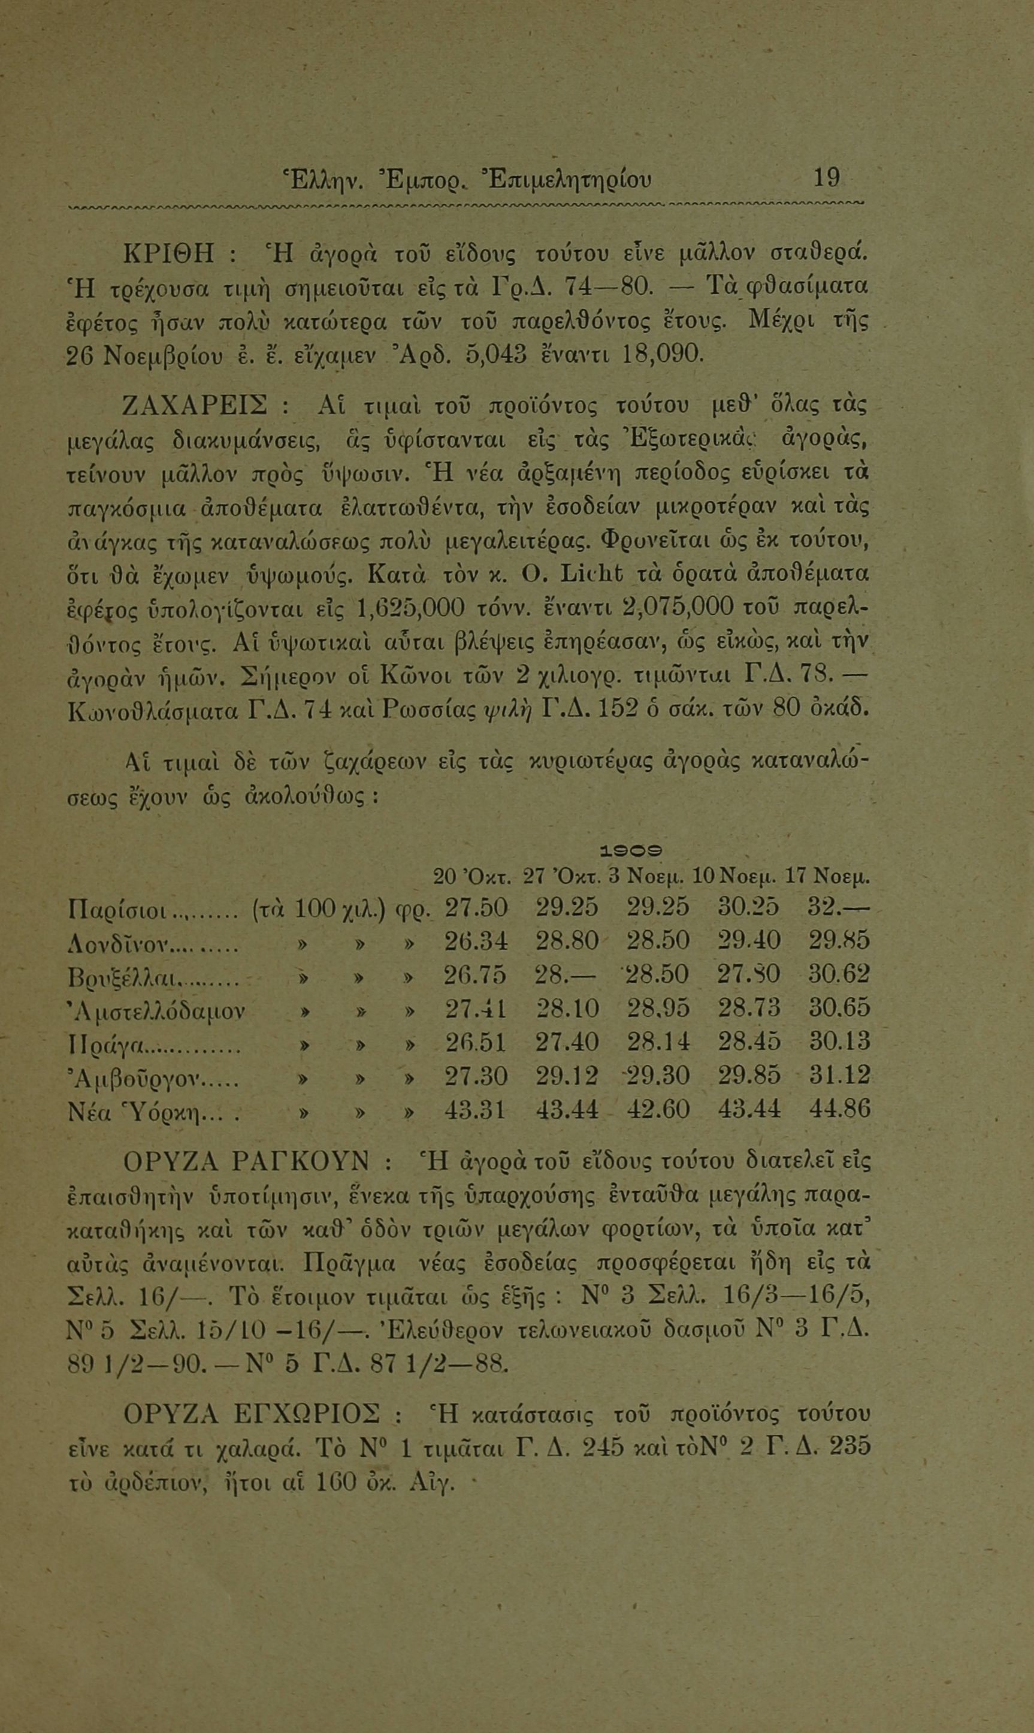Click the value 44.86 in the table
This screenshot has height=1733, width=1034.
pyautogui.click(x=840, y=1110)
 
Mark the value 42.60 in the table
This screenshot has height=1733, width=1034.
pyautogui.click(x=658, y=1110)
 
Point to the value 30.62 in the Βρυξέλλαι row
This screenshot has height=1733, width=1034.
pyautogui.click(x=840, y=974)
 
